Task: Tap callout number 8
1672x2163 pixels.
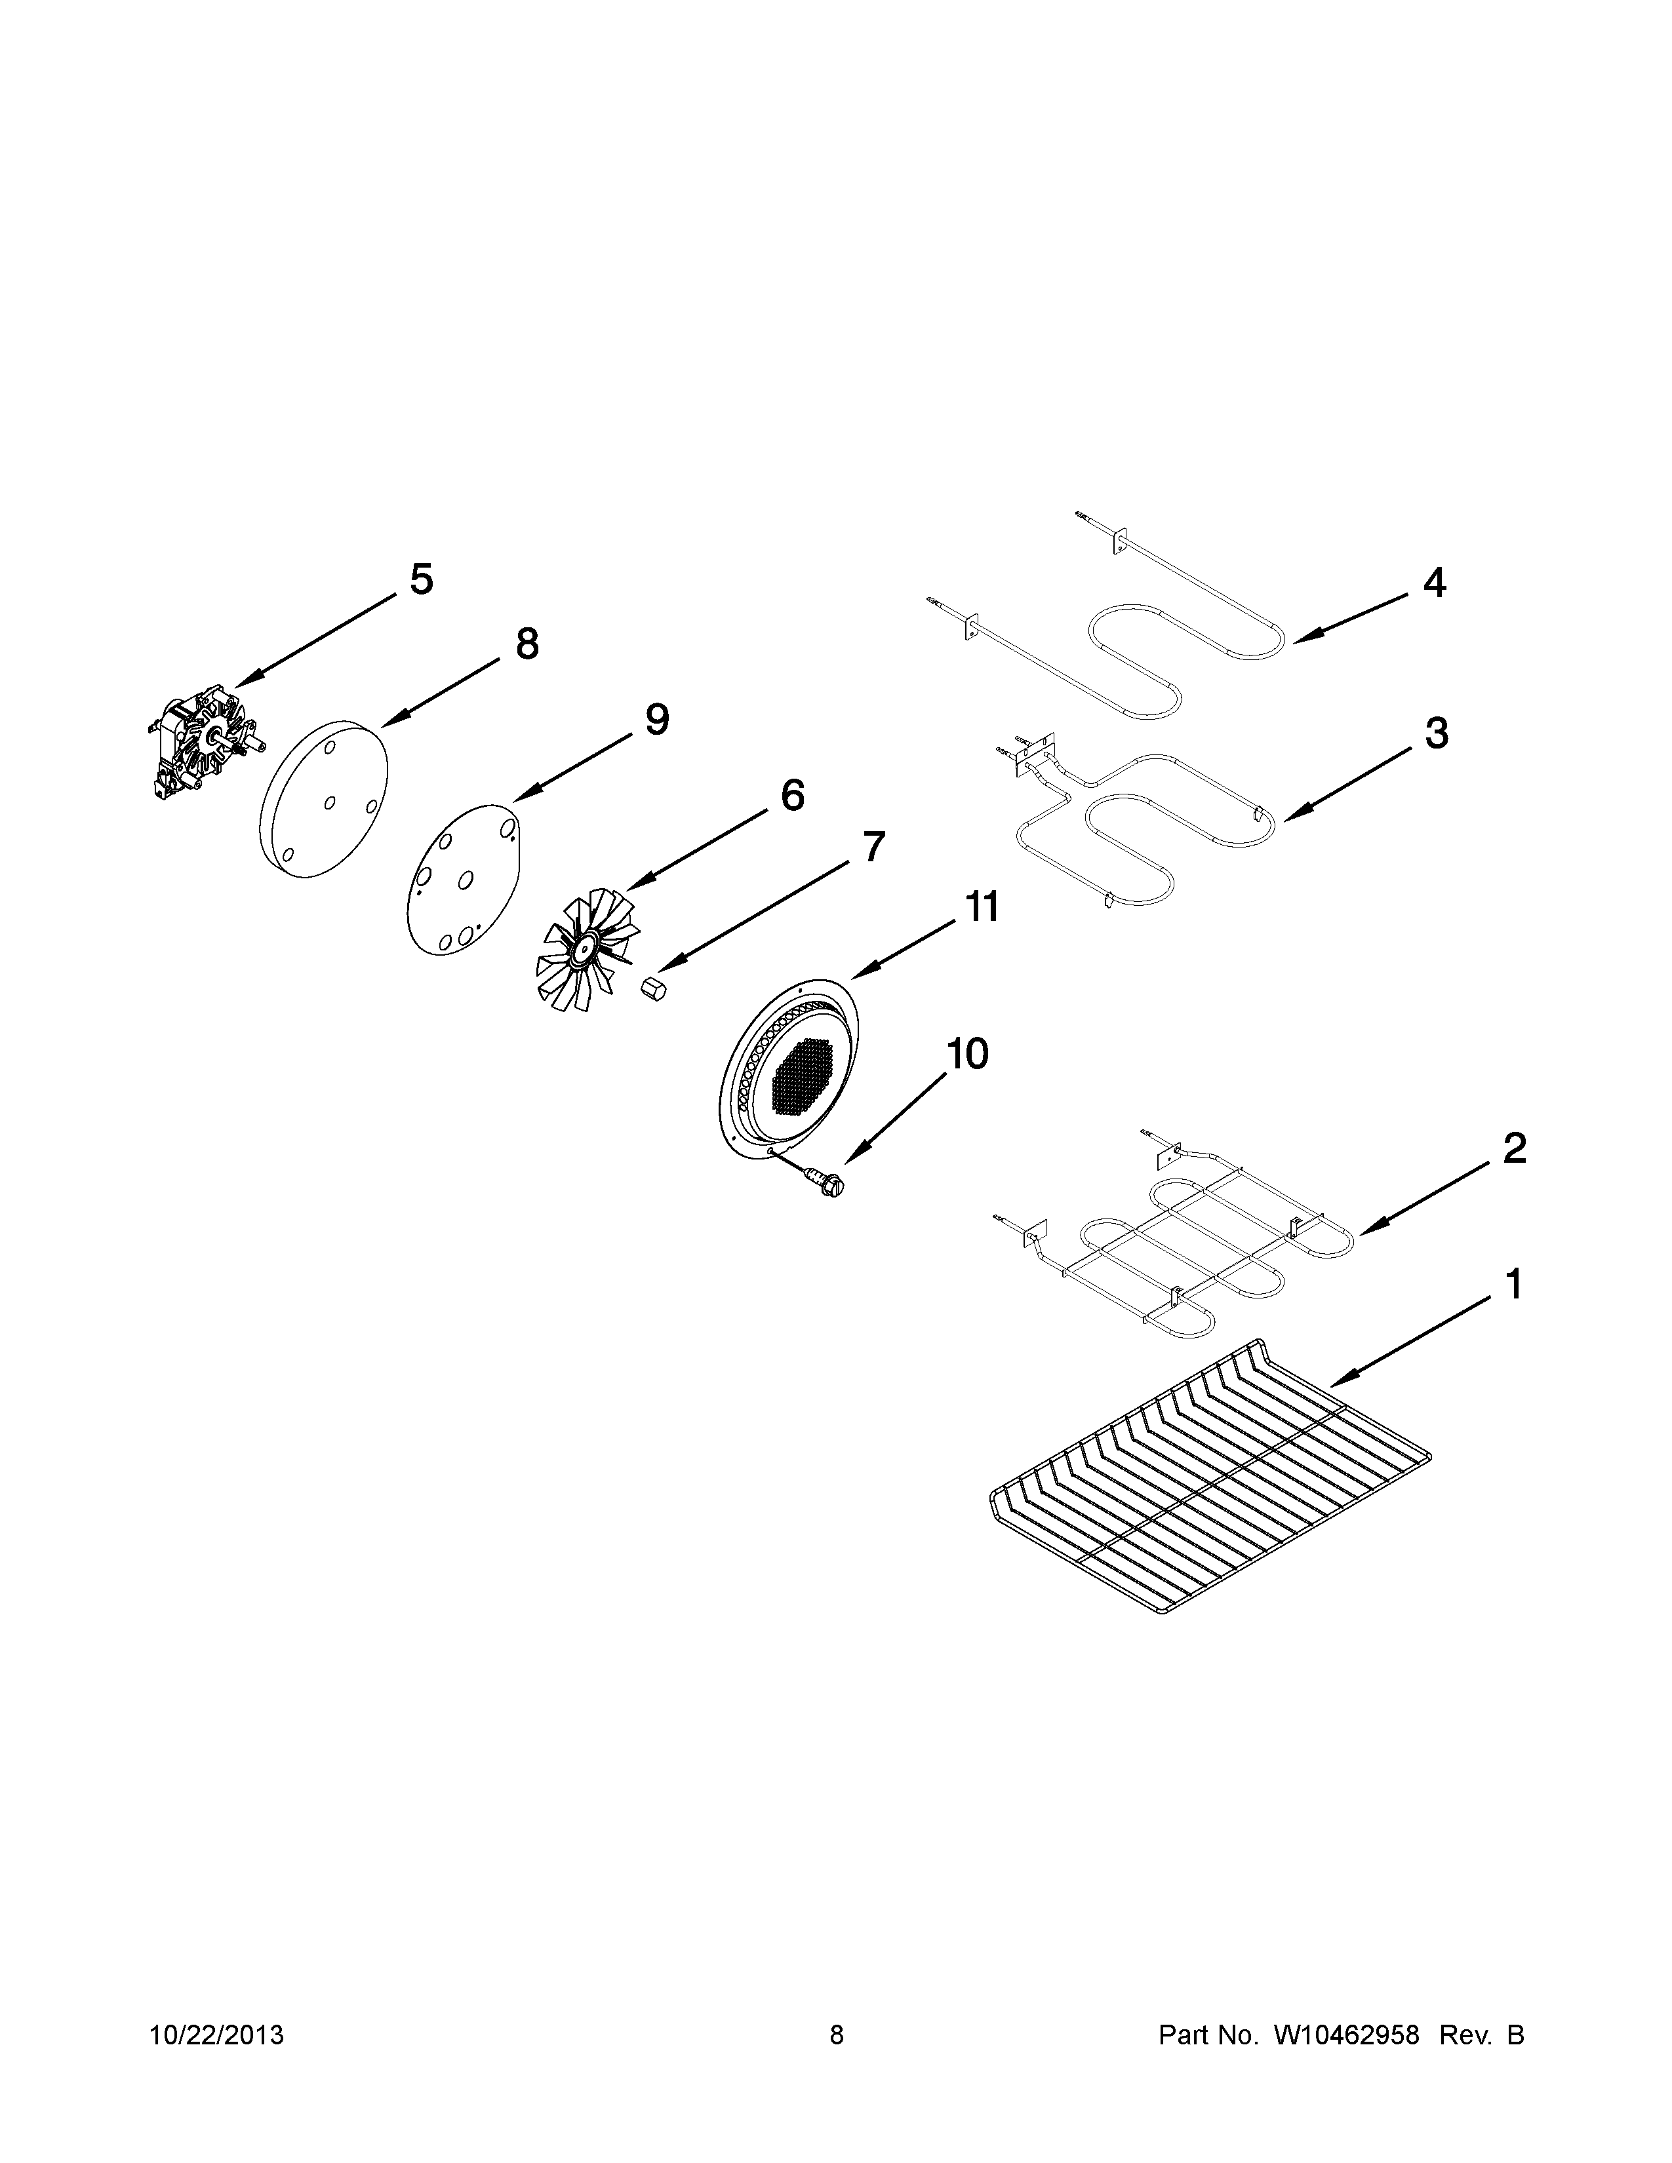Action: click(528, 645)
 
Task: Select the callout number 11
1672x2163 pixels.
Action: click(982, 906)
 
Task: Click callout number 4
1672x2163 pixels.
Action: click(1434, 583)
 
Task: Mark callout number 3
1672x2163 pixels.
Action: click(1436, 734)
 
